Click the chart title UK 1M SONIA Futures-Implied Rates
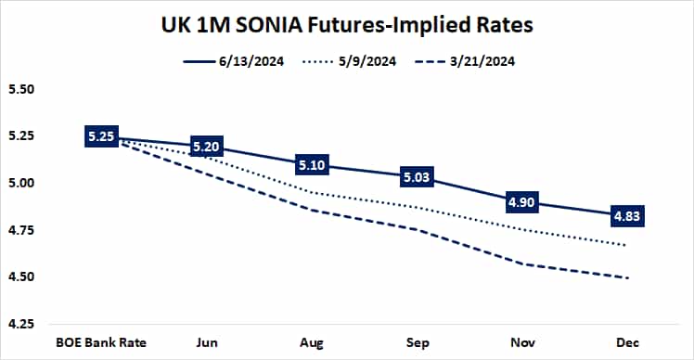[x=346, y=25]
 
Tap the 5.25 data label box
[x=100, y=136]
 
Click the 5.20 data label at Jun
[x=207, y=147]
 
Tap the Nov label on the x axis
[x=524, y=342]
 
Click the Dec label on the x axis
[x=630, y=342]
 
